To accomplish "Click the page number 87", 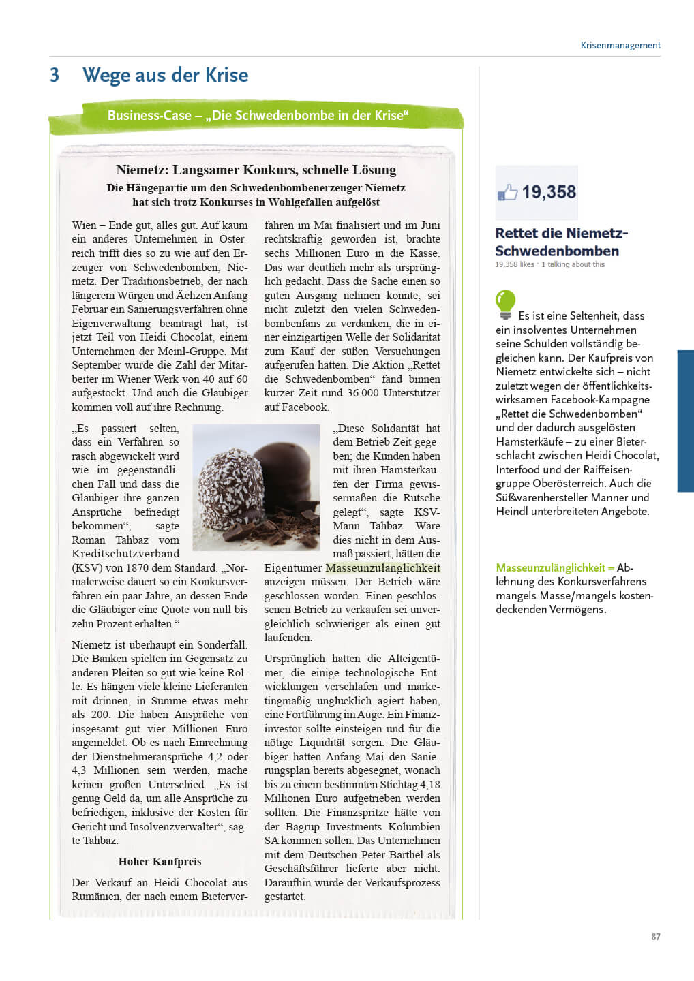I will point(655,937).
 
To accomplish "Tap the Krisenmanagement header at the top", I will point(620,46).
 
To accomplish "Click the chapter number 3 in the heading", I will point(55,75).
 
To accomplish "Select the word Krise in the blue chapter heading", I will point(226,75).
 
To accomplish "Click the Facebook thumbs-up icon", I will point(507,193).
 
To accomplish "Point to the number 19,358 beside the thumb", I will point(549,192).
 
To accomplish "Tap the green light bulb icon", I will point(505,304).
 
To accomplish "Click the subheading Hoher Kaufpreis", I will point(160,861).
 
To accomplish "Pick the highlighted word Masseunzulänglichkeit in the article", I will point(382,567).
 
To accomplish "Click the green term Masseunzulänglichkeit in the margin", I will point(550,567).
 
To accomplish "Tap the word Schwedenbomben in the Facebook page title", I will point(557,251).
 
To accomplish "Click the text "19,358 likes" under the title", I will point(515,264).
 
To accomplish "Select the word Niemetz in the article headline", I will point(140,170).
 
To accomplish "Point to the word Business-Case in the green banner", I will point(149,115).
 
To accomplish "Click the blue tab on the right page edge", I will point(685,420).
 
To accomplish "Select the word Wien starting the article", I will point(85,225).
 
